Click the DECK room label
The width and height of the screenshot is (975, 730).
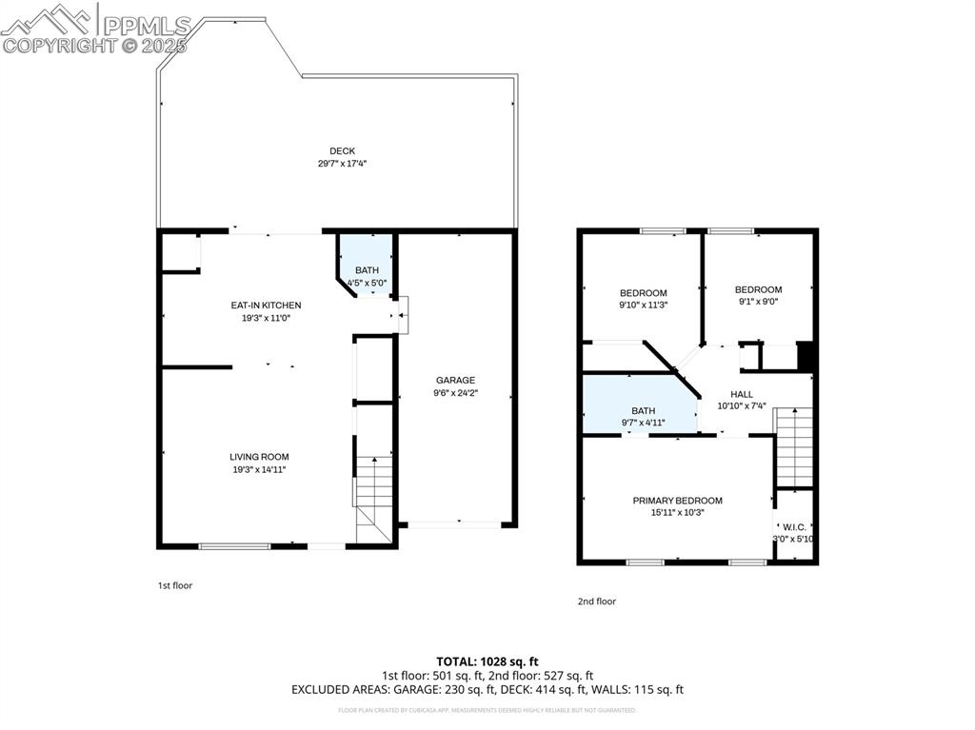tap(342, 150)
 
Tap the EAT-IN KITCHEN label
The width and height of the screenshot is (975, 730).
tap(266, 306)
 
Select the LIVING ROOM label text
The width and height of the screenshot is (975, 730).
tap(258, 457)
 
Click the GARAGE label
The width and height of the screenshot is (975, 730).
tap(455, 381)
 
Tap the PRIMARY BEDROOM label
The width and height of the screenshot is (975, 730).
tap(677, 501)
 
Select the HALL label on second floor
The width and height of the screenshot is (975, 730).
tap(741, 394)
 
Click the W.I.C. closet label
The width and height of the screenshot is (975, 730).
tap(793, 526)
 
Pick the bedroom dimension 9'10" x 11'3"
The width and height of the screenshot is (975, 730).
tap(643, 306)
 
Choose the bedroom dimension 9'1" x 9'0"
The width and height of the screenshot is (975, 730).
tap(758, 303)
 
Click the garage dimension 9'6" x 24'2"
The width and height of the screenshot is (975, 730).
tap(455, 392)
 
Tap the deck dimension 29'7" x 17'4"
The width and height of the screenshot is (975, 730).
tap(342, 164)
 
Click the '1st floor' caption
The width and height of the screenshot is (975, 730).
tap(174, 585)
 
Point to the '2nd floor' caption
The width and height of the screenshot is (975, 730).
tap(596, 602)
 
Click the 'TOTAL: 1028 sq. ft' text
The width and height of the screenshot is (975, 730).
tap(487, 661)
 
